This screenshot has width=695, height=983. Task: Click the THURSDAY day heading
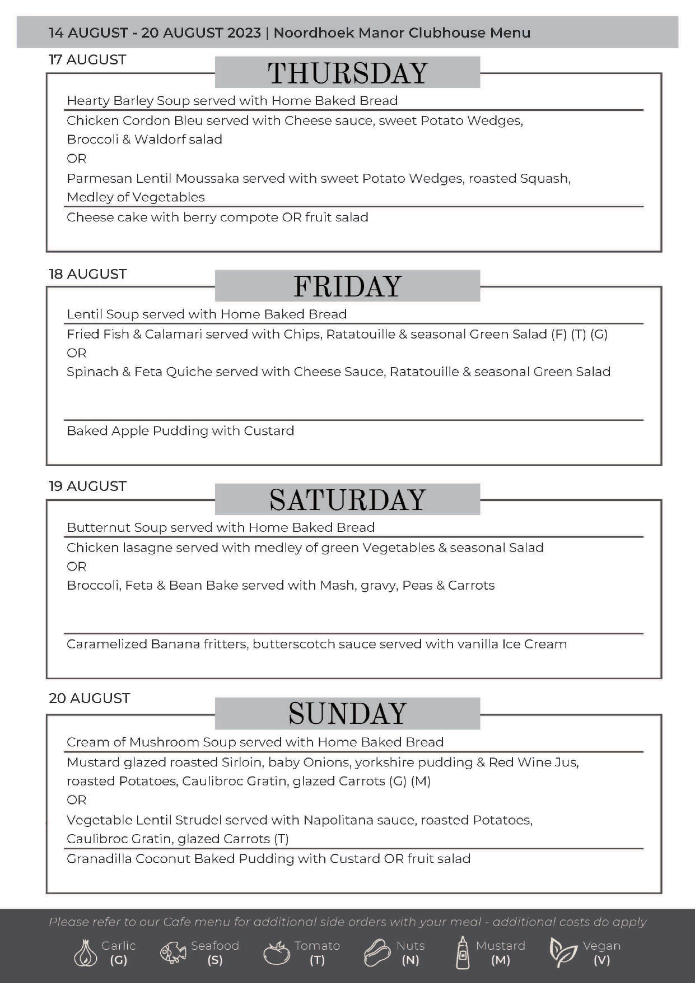click(347, 73)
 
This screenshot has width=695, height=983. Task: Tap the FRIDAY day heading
click(347, 286)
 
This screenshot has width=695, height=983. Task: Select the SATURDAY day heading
click(347, 500)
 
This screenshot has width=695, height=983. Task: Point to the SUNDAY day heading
click(347, 713)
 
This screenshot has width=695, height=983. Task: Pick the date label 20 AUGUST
click(89, 698)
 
